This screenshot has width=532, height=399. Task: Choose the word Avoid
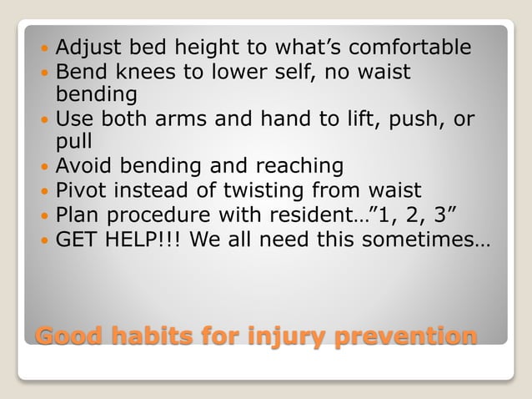(x=84, y=166)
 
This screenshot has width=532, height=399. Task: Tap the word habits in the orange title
(x=150, y=336)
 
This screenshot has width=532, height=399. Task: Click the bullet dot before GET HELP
(x=45, y=241)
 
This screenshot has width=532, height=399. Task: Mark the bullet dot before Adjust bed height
(x=45, y=48)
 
